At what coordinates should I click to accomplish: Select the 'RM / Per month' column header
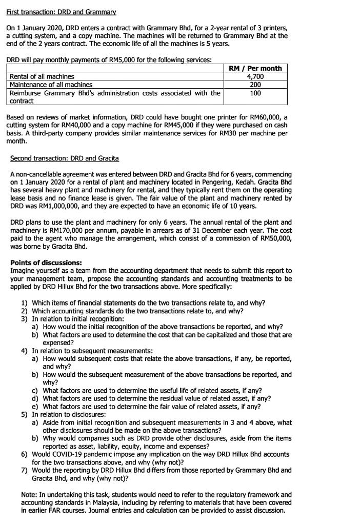tap(255, 68)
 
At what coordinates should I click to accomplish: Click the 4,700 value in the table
tap(255, 76)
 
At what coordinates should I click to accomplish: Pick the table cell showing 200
tap(255, 85)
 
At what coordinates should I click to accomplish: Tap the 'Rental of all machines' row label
tap(42, 76)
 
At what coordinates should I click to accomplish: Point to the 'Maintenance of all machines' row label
tap(51, 85)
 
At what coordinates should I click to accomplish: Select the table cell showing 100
tap(255, 93)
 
